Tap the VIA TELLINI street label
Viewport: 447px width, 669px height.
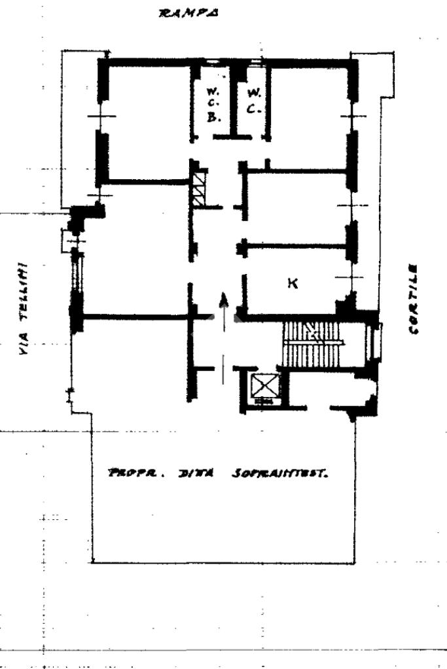24,308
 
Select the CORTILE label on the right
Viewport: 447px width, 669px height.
413,299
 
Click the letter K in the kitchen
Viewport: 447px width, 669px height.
293,283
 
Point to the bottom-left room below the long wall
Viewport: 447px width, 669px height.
131,360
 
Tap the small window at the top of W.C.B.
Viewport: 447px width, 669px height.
212,63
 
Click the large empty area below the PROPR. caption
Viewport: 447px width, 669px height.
223,523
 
